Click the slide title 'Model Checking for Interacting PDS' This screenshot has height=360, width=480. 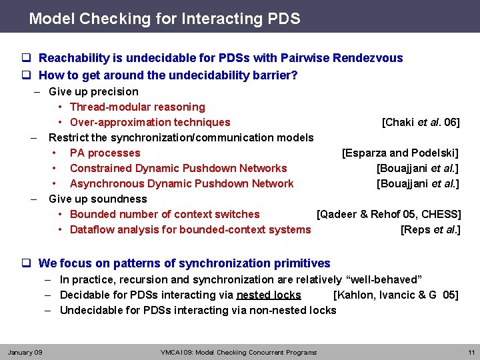(x=164, y=19)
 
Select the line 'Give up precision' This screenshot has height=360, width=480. (x=93, y=92)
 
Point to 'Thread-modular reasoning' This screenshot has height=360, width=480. (x=137, y=107)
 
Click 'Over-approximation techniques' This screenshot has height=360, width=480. (x=150, y=123)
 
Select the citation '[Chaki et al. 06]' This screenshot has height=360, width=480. (x=420, y=123)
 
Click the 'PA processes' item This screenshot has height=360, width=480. (x=105, y=153)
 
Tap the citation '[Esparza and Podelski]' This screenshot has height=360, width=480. (x=400, y=153)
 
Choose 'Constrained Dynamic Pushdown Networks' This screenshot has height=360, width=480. (x=178, y=169)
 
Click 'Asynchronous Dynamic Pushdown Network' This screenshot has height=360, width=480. (x=181, y=184)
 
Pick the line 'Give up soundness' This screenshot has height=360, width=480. (x=97, y=199)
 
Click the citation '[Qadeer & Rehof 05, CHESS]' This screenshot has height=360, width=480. (x=389, y=215)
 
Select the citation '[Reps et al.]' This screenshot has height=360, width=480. (x=430, y=230)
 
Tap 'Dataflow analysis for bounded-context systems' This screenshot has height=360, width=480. (x=190, y=230)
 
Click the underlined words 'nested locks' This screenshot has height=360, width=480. (x=269, y=295)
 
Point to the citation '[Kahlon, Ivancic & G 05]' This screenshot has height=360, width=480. (x=395, y=295)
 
